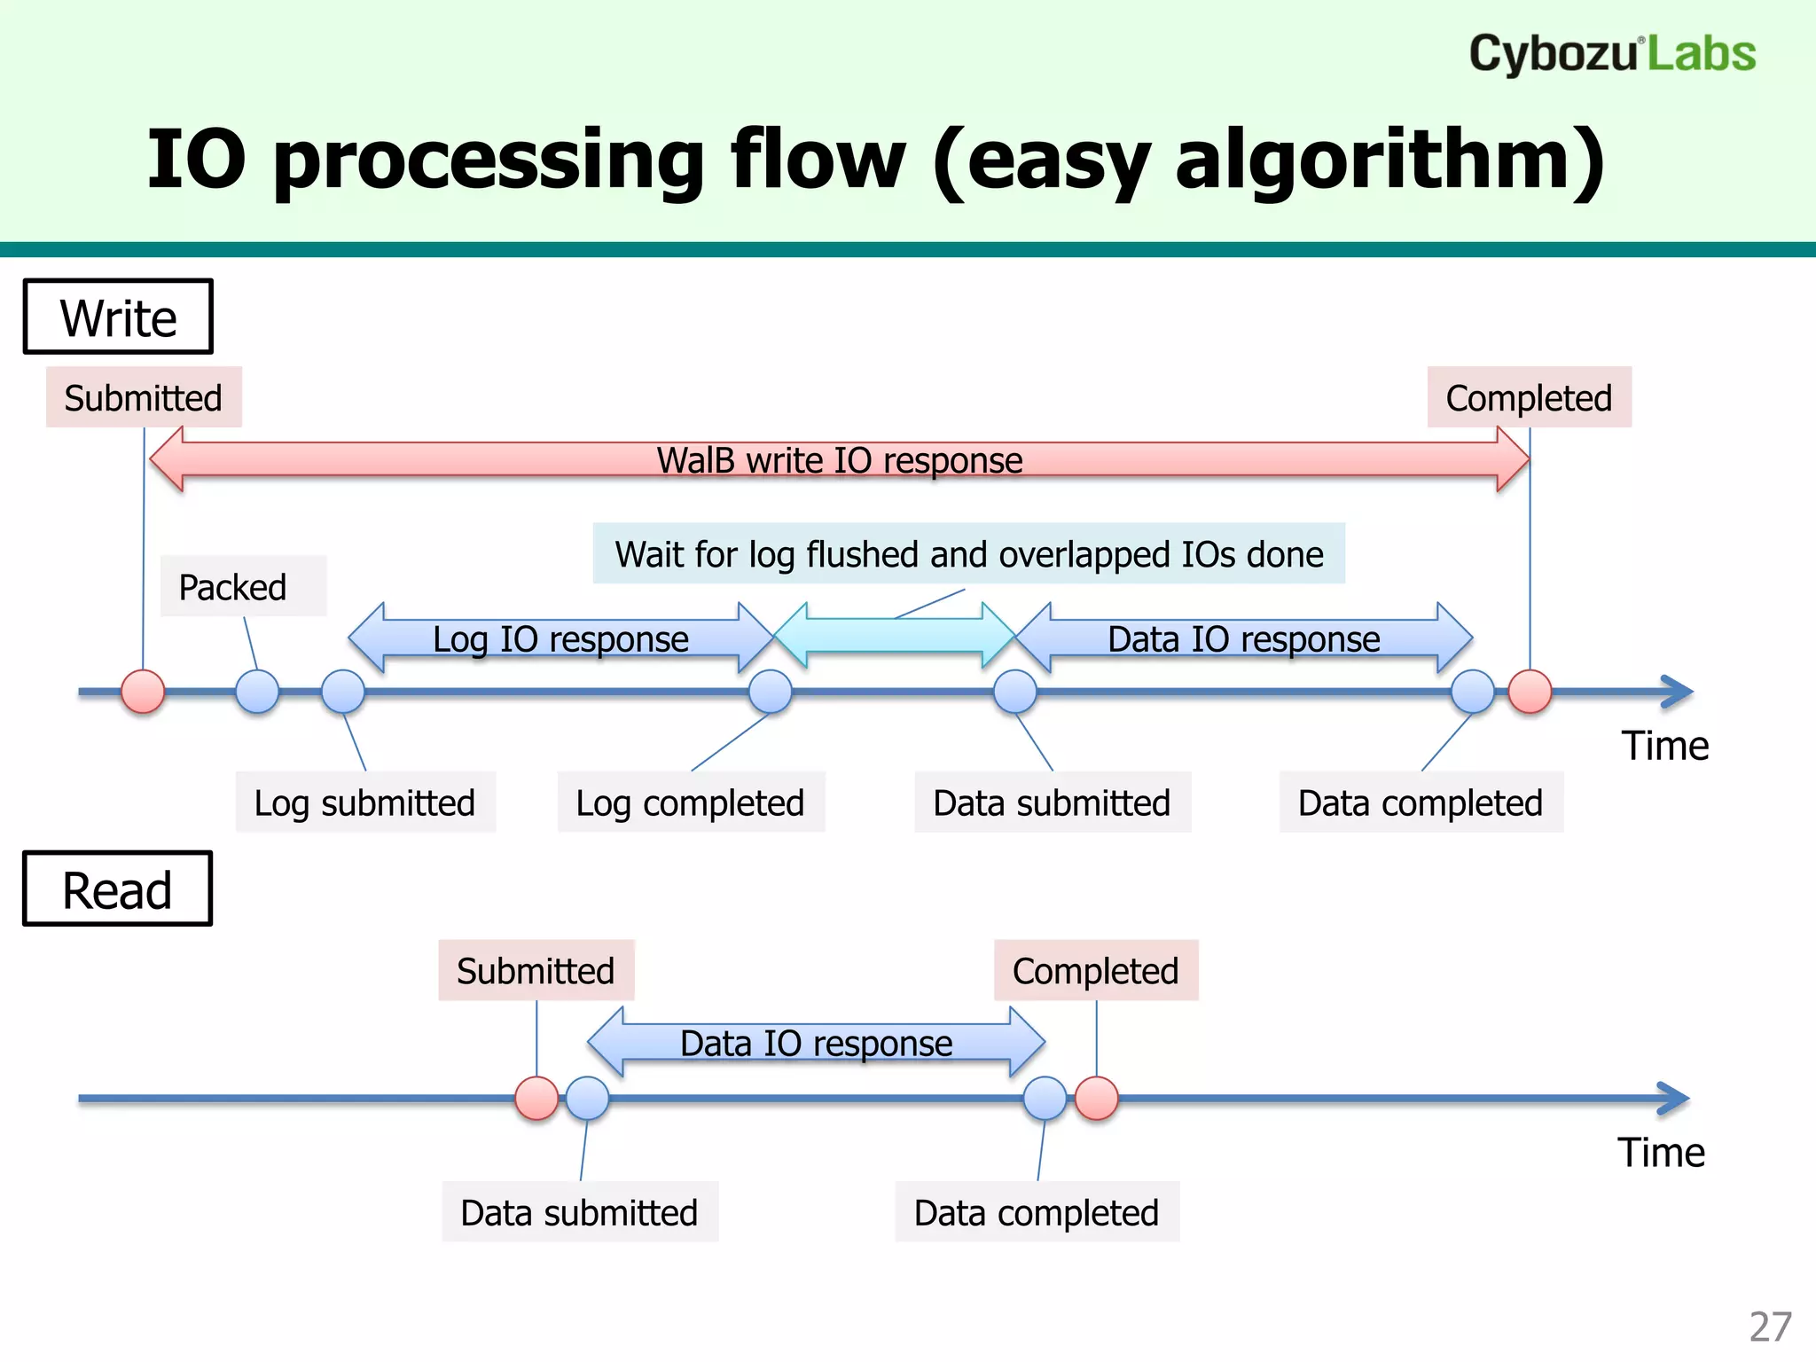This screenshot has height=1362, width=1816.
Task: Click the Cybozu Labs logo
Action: pyautogui.click(x=1611, y=54)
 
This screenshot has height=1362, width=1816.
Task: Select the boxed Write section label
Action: pyautogui.click(x=118, y=317)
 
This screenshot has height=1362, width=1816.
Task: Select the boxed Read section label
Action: pyautogui.click(x=117, y=889)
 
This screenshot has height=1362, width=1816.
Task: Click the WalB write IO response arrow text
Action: pyautogui.click(x=839, y=461)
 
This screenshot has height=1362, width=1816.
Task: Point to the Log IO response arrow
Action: pyautogui.click(x=560, y=638)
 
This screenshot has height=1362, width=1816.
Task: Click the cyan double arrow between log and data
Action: pyautogui.click(x=894, y=635)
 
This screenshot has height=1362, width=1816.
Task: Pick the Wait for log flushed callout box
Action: pyautogui.click(x=968, y=554)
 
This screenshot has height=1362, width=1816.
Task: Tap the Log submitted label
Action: pyautogui.click(x=364, y=802)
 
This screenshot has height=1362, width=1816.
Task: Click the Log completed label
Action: pyautogui.click(x=690, y=802)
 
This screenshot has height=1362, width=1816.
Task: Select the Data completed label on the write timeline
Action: pyautogui.click(x=1420, y=802)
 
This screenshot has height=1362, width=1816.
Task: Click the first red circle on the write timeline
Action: pyautogui.click(x=143, y=692)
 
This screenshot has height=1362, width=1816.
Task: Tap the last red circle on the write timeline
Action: pyautogui.click(x=1530, y=692)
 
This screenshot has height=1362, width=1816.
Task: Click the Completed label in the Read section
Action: pyautogui.click(x=1095, y=971)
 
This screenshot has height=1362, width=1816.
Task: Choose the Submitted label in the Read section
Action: pyautogui.click(x=536, y=971)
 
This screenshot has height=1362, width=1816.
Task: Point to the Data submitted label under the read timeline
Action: pyautogui.click(x=579, y=1212)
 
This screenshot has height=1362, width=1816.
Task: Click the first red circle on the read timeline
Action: pyautogui.click(x=536, y=1099)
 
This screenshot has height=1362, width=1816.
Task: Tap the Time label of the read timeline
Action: pyautogui.click(x=1661, y=1153)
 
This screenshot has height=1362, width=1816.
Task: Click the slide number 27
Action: pyautogui.click(x=1770, y=1327)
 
